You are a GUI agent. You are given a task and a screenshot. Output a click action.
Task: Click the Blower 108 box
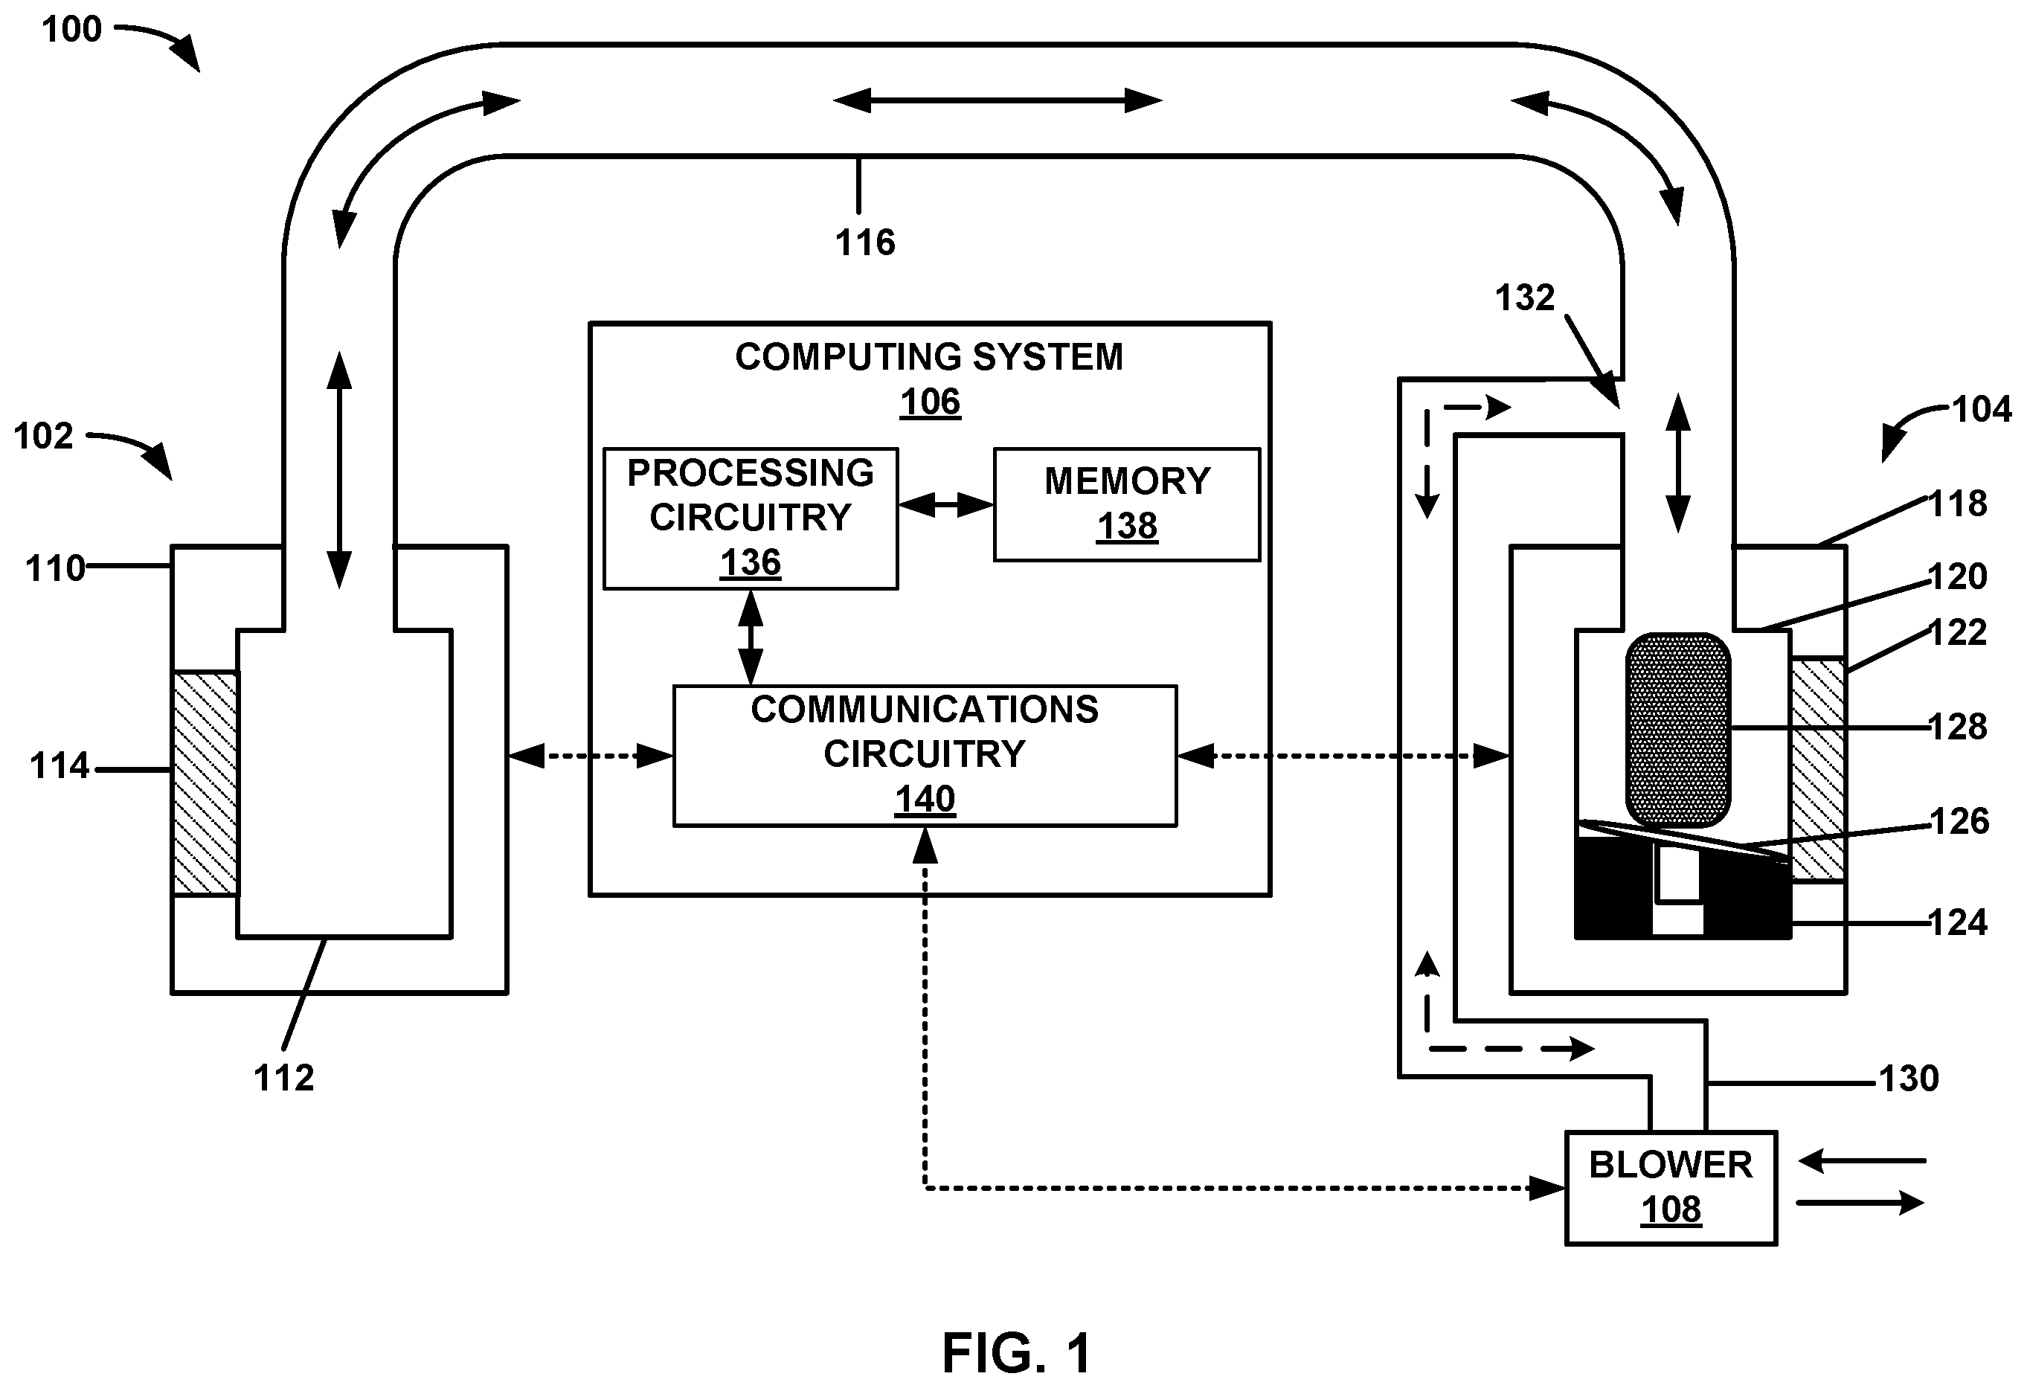(x=1670, y=1187)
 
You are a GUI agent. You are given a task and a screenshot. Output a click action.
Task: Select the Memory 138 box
(x=1127, y=504)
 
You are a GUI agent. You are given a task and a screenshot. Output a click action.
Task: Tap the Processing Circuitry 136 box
(x=750, y=518)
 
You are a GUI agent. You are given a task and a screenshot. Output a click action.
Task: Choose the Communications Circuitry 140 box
(x=925, y=756)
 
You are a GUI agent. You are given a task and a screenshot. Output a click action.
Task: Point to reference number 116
(x=865, y=242)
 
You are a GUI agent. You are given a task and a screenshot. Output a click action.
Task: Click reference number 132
(x=1525, y=298)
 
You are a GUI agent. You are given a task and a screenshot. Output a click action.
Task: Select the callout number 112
(x=283, y=1079)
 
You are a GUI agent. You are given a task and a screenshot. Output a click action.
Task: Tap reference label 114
(x=60, y=766)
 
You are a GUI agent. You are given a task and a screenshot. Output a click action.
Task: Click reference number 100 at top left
(x=71, y=30)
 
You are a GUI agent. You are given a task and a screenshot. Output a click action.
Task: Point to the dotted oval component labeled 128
(x=1677, y=730)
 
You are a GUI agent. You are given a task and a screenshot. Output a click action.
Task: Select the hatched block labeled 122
(x=1818, y=769)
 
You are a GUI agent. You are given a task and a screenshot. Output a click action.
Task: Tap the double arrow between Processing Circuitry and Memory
(x=946, y=504)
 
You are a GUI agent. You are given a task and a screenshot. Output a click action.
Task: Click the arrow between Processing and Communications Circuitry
(x=750, y=637)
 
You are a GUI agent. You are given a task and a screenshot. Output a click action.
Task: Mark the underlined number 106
(x=930, y=402)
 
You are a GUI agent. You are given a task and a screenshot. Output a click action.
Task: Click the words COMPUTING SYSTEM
(x=929, y=357)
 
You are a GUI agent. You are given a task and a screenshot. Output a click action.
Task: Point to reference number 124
(x=1958, y=923)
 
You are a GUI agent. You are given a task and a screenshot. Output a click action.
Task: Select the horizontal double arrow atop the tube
(x=998, y=101)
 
